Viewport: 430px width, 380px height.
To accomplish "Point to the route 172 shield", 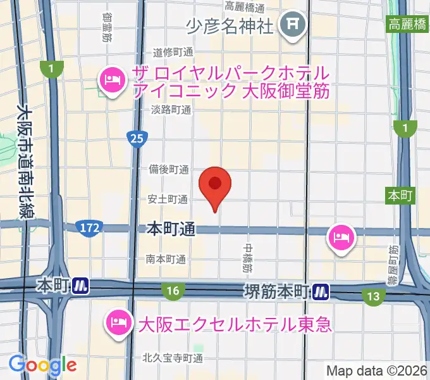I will [89, 226].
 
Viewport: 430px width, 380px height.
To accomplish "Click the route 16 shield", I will [172, 291].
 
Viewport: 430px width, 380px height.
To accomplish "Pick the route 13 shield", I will [374, 296].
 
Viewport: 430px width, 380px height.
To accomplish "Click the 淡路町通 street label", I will [171, 110].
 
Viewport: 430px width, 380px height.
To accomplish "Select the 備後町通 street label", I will [169, 169].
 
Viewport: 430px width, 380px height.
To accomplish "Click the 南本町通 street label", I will [166, 259].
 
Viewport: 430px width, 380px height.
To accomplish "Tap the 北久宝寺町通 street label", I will [173, 358].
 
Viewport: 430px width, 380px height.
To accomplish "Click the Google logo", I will [42, 365].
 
